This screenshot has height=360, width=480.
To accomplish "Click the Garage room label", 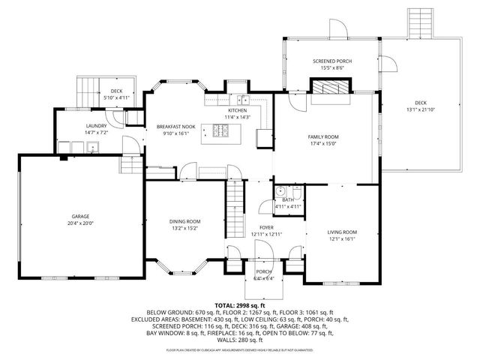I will pos(82,216).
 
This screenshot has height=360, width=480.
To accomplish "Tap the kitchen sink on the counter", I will pos(244,100).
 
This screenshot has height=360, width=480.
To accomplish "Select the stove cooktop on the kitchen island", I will pos(222,132).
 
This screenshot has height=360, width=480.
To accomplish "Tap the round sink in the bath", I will pos(278,190).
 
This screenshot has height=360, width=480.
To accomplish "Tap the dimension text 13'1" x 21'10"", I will pos(419,110).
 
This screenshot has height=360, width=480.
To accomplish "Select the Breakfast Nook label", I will pos(176,127).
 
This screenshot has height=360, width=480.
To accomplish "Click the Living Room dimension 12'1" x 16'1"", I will pos(341,240).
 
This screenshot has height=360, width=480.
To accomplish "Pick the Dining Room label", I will pos(184,220).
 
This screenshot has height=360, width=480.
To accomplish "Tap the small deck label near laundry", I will pos(116,91).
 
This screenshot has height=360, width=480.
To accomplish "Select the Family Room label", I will pos(323,136).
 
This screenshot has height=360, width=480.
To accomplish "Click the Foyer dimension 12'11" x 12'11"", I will pos(265,234).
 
